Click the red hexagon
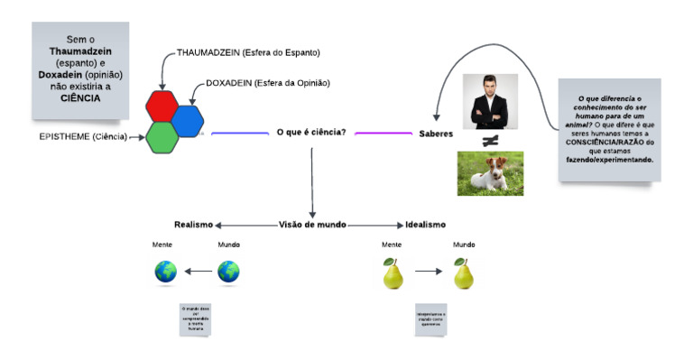(x=162, y=106)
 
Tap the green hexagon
(x=162, y=136)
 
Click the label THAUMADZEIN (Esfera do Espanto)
(x=248, y=53)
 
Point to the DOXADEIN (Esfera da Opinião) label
(x=267, y=83)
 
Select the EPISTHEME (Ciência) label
(x=83, y=137)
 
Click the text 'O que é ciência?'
(x=311, y=133)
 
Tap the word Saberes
(x=436, y=134)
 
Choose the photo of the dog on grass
(x=490, y=173)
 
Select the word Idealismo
(x=425, y=225)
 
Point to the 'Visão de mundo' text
(x=312, y=225)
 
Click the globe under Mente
(x=165, y=272)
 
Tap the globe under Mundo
(x=228, y=272)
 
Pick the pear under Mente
(x=392, y=273)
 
